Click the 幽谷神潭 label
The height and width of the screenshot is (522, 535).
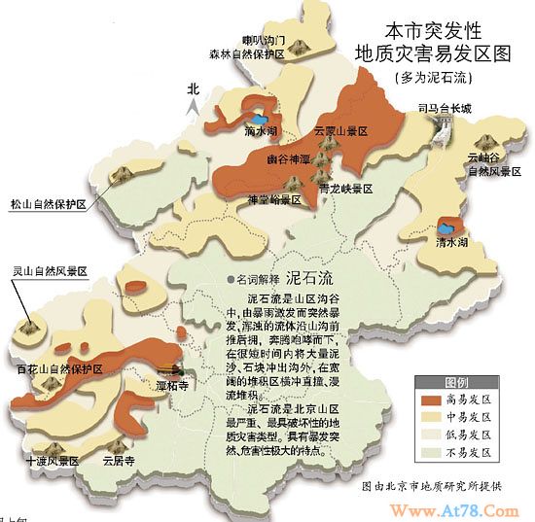point(288,157)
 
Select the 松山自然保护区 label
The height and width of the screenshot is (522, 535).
point(49,205)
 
